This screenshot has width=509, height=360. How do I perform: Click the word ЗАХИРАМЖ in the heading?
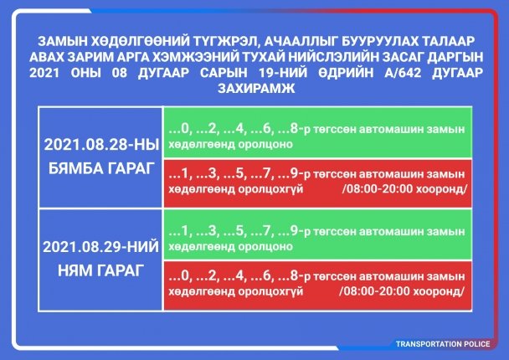tap(256, 88)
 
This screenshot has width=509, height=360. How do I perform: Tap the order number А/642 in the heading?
tap(403, 72)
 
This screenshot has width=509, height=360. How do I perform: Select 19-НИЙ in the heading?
tap(283, 72)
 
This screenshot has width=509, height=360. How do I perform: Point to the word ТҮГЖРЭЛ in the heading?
tap(225, 41)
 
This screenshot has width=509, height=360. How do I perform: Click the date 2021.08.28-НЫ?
tap(101, 145)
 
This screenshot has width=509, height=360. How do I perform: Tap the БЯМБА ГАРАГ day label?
tap(101, 168)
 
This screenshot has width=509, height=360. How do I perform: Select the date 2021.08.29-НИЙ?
tap(100, 247)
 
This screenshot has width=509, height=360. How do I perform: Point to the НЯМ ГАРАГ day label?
tap(100, 270)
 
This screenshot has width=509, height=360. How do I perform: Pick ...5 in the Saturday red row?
tap(235, 174)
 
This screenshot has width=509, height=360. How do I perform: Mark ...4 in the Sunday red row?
tap(235, 276)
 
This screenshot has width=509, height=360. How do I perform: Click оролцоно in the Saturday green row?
tap(265, 145)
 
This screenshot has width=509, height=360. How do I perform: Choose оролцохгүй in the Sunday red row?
tap(270, 291)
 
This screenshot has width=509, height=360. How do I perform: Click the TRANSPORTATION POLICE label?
tap(443, 344)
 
